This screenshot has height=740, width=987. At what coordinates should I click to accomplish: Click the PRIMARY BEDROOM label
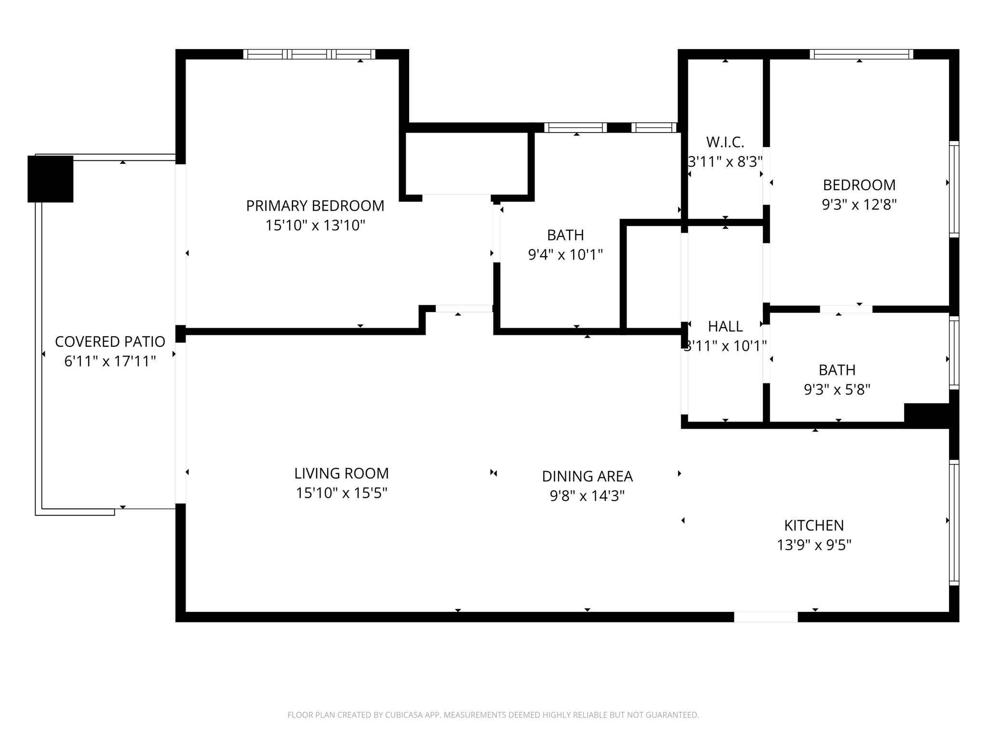click(315, 206)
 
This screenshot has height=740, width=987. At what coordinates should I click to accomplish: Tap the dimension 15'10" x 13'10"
click(315, 225)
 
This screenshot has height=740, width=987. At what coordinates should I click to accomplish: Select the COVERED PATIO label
click(110, 342)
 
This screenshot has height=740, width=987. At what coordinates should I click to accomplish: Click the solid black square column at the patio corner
click(50, 179)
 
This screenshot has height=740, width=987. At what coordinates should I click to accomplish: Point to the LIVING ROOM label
click(341, 474)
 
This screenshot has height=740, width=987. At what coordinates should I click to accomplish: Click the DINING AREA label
click(587, 476)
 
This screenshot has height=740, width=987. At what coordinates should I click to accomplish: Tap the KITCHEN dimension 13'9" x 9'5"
click(814, 545)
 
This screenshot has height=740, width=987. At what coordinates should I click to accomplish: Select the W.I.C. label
click(725, 142)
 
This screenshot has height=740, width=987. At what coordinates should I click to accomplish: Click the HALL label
click(725, 327)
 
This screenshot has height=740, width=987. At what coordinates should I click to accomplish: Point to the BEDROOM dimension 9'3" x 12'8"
click(859, 205)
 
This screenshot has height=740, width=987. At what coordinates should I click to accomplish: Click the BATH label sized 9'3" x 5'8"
click(837, 370)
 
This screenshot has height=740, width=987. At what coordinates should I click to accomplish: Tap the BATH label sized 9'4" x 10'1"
click(565, 235)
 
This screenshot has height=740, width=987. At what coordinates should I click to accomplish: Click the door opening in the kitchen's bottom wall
click(765, 617)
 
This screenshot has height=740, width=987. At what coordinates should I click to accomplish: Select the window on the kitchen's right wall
click(954, 523)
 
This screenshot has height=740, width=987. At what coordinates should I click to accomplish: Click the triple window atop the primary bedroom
click(309, 54)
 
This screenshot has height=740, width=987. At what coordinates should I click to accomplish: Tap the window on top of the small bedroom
click(861, 54)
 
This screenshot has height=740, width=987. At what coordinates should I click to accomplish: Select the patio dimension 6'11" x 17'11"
click(110, 361)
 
